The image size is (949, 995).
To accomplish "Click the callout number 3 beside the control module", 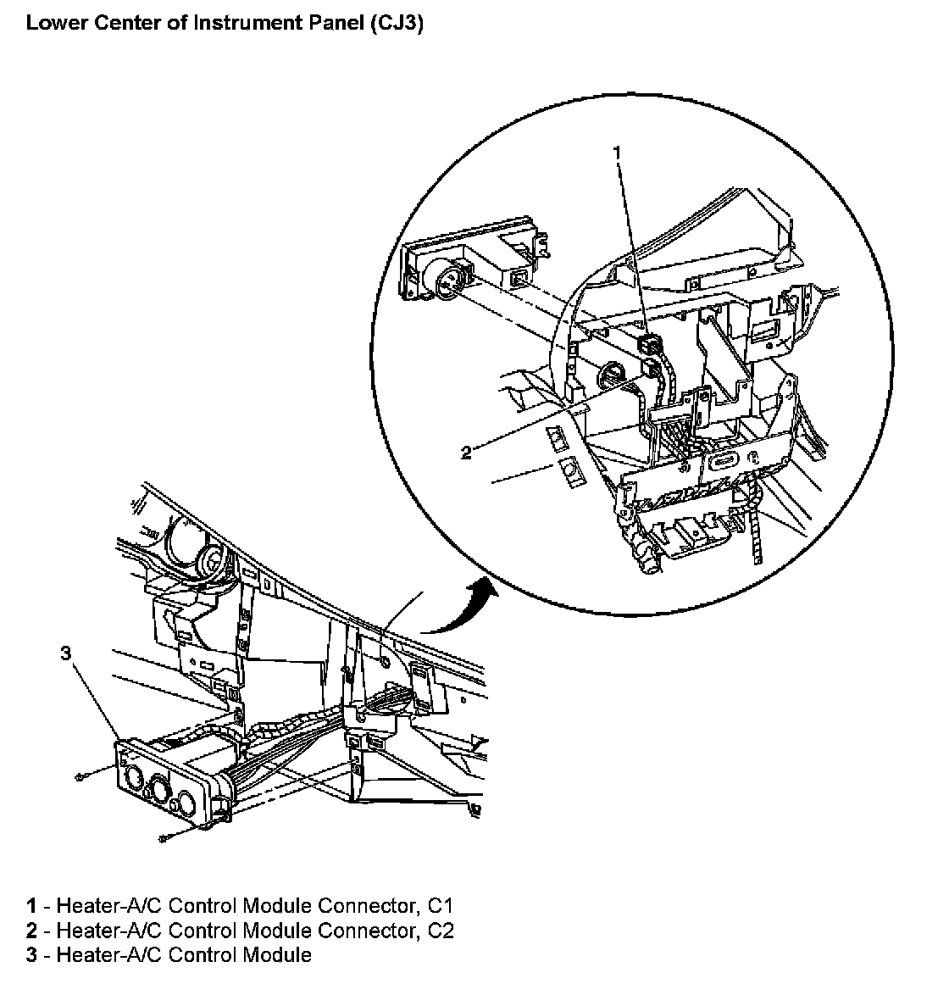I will [x=66, y=653].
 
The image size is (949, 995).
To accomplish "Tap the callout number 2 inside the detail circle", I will [x=466, y=453].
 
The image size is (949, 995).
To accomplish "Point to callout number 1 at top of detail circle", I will [x=617, y=153].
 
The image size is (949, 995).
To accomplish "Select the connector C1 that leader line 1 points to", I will [x=649, y=345].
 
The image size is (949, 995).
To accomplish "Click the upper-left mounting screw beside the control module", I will [x=80, y=776].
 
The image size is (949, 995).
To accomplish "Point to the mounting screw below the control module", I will [x=162, y=838].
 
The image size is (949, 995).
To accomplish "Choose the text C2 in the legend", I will [x=441, y=931].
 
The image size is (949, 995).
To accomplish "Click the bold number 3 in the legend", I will [x=31, y=956].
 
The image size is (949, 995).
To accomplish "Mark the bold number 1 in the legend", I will [x=31, y=907].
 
